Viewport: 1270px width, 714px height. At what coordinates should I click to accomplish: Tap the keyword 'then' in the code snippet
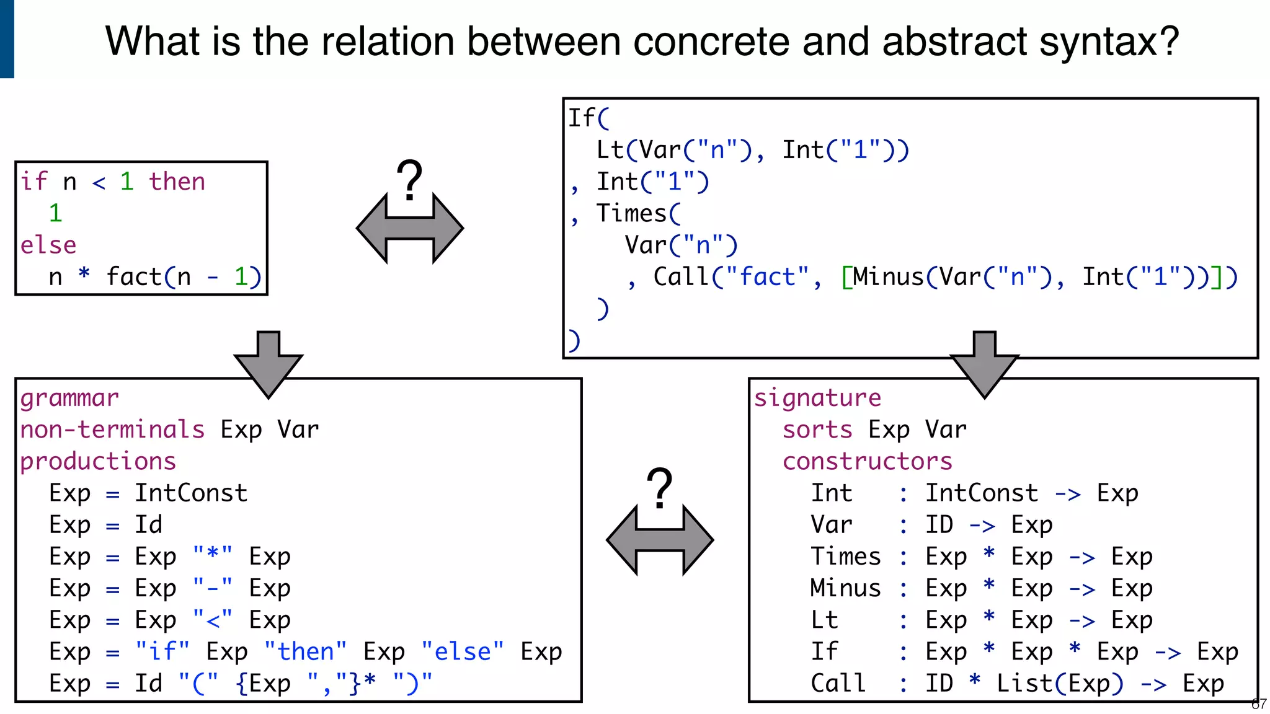click(x=177, y=182)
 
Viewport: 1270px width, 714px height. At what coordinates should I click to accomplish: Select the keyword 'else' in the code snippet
click(x=48, y=245)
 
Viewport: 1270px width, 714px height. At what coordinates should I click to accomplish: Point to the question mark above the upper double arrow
click(x=409, y=180)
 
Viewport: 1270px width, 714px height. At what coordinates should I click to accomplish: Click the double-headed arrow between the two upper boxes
click(x=409, y=228)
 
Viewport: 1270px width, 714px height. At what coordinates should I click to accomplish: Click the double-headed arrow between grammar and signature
click(x=660, y=540)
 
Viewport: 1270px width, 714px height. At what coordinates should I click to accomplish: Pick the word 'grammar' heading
click(x=69, y=398)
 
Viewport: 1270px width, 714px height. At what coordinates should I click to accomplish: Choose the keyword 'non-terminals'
click(x=112, y=430)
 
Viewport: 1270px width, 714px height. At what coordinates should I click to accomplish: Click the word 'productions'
click(x=98, y=462)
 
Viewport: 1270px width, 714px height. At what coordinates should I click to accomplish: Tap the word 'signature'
click(x=817, y=398)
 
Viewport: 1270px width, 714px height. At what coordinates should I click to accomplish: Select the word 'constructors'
click(x=867, y=462)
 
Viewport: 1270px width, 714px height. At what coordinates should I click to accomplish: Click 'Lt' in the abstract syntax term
click(x=610, y=150)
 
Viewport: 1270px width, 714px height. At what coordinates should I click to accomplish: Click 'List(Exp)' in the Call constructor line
click(x=1059, y=684)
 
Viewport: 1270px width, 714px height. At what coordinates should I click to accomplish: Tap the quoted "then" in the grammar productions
click(x=306, y=652)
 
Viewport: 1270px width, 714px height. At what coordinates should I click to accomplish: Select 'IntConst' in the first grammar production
click(x=191, y=493)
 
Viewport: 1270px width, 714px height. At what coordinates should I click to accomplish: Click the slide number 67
click(x=1259, y=704)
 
